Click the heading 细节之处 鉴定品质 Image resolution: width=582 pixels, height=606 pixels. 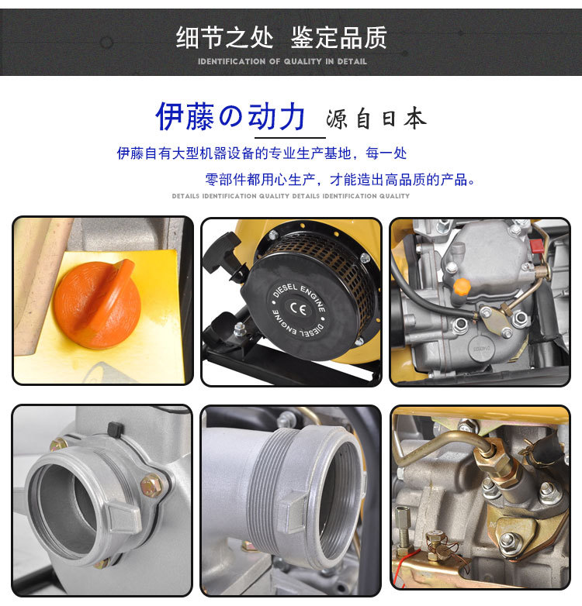(x=281, y=36)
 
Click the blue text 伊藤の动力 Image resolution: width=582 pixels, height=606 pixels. (x=230, y=117)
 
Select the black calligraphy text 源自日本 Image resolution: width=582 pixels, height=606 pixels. (x=376, y=119)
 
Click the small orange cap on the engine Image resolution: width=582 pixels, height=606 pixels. (x=462, y=288)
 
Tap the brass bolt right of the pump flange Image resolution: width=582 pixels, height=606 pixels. (x=152, y=487)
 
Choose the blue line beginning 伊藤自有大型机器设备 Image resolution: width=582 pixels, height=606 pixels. (x=262, y=153)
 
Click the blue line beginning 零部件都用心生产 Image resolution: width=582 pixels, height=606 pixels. (x=340, y=180)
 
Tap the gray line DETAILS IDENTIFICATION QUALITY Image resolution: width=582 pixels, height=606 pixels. (x=291, y=196)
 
